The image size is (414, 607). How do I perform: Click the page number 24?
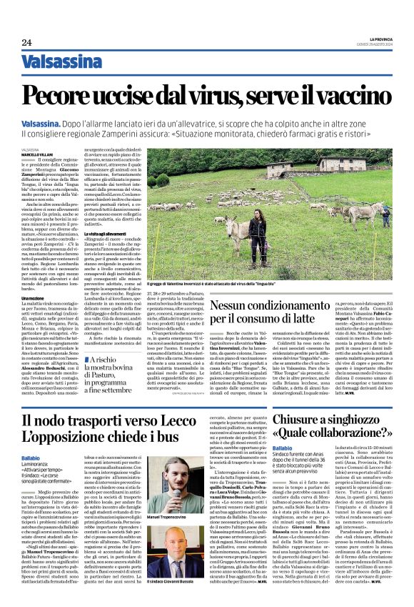26,43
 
